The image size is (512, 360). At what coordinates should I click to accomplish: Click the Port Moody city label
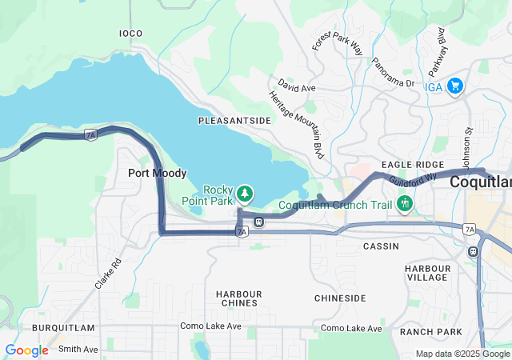click(x=158, y=173)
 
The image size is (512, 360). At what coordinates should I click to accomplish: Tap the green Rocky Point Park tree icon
click(x=245, y=194)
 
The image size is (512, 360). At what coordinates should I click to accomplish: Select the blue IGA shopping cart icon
click(x=455, y=85)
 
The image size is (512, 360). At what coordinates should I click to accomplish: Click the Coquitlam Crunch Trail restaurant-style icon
click(x=405, y=204)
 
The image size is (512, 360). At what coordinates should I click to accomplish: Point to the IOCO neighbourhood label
click(x=130, y=34)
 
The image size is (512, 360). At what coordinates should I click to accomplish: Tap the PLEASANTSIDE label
click(x=234, y=120)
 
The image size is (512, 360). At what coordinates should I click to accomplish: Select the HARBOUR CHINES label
click(x=238, y=298)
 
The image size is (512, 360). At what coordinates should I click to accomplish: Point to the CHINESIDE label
click(x=340, y=298)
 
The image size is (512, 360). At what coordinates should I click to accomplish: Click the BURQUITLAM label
click(x=63, y=328)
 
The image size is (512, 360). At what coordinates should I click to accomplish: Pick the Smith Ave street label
click(x=78, y=349)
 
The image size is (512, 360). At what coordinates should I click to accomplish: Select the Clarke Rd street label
click(x=108, y=273)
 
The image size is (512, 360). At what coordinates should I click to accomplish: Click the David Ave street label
click(x=297, y=85)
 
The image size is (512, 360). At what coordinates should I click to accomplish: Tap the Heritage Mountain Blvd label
click(x=296, y=123)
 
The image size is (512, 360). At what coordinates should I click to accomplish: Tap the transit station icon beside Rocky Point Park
click(x=258, y=222)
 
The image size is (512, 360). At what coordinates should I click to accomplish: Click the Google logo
click(x=27, y=350)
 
